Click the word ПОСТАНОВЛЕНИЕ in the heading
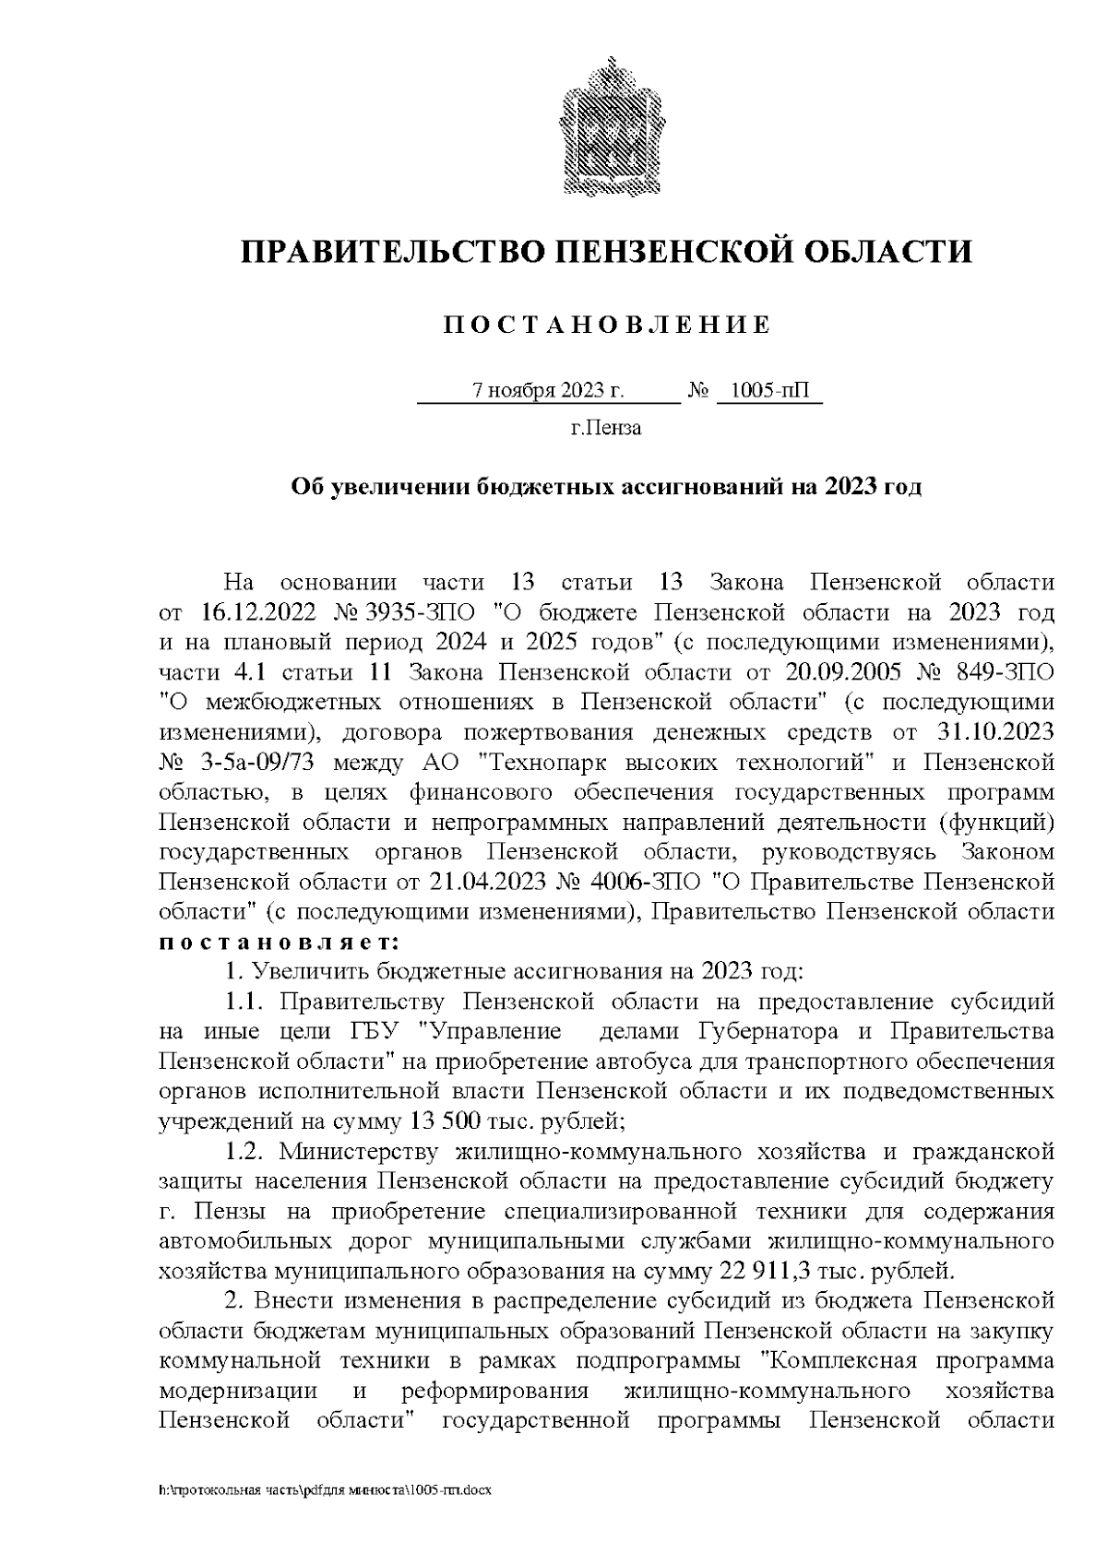[606, 325]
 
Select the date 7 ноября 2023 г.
[548, 390]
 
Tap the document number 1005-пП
[768, 390]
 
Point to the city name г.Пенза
[606, 429]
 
